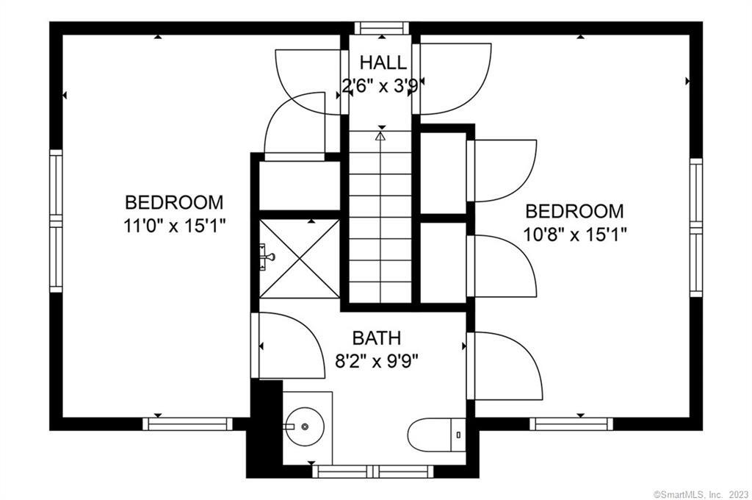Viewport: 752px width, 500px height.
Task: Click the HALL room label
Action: [383, 63]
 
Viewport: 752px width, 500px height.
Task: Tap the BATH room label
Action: [377, 338]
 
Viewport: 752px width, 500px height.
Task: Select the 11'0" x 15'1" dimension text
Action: [175, 225]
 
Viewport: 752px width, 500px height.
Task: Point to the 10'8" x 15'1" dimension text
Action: [574, 235]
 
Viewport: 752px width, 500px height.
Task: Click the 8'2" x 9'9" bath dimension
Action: [377, 361]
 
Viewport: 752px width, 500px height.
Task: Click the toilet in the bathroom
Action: [436, 435]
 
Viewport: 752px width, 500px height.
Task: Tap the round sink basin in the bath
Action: [304, 426]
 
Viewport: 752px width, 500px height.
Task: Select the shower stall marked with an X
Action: [300, 258]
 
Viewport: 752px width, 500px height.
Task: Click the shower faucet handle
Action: [267, 257]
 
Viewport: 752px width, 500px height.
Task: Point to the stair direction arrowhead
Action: [381, 137]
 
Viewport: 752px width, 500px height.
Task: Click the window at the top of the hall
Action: [382, 28]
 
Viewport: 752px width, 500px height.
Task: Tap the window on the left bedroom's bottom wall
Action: [187, 424]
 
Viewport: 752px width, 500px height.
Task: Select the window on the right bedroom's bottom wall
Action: [571, 424]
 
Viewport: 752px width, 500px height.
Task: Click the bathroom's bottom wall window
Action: [373, 471]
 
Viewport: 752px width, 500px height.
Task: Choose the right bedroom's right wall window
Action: [696, 227]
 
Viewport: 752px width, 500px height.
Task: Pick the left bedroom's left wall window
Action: [56, 221]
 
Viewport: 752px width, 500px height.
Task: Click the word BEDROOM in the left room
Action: [174, 202]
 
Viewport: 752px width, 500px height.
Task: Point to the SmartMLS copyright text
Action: [701, 494]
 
